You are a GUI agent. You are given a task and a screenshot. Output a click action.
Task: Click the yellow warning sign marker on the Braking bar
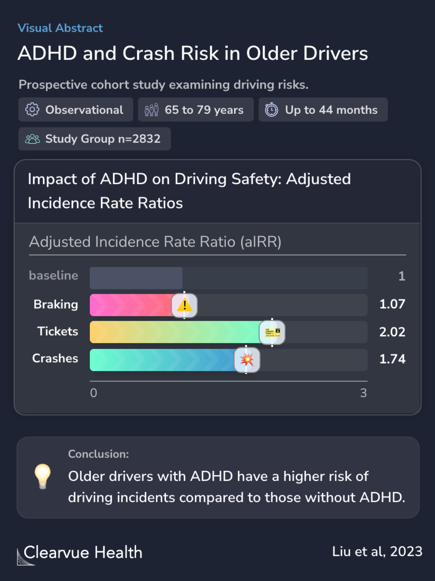[x=184, y=305]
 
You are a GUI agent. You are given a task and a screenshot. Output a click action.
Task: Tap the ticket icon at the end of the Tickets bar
[x=272, y=332]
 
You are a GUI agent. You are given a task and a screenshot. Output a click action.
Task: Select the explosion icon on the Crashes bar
[x=246, y=359]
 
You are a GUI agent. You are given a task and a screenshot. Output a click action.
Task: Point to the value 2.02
[x=392, y=332]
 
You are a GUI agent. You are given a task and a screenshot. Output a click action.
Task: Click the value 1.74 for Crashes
[x=392, y=359]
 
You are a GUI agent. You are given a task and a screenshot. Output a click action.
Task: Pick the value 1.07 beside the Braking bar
[x=392, y=304]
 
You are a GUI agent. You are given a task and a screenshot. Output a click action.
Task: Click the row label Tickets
[x=58, y=332]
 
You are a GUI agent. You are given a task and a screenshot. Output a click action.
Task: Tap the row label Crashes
[x=55, y=358]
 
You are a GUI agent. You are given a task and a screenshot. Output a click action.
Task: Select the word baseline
[x=54, y=276]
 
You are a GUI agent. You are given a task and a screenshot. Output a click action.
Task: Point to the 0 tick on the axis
[x=93, y=393]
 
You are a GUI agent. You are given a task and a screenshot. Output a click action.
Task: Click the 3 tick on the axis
[x=363, y=393]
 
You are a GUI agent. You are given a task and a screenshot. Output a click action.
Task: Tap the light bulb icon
[x=42, y=476]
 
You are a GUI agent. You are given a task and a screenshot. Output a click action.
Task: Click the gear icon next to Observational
[x=32, y=109]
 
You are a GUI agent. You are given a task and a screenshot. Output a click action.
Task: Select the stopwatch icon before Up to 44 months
[x=271, y=109]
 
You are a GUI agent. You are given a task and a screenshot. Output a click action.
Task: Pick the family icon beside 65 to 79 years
[x=151, y=109]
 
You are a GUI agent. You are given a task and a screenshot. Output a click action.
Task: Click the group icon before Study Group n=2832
[x=32, y=139]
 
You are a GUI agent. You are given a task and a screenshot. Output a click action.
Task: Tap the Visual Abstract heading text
[x=60, y=28]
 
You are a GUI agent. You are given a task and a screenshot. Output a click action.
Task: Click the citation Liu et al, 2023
[x=377, y=552]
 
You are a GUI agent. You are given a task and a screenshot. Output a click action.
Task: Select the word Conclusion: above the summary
[x=98, y=454]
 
